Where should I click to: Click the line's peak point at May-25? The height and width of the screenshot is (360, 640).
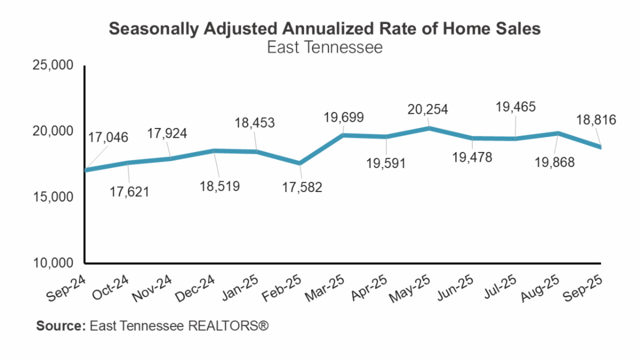(x=429, y=128)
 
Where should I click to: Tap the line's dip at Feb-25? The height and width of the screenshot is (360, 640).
(x=300, y=163)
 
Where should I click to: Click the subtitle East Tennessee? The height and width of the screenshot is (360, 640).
(x=325, y=47)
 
